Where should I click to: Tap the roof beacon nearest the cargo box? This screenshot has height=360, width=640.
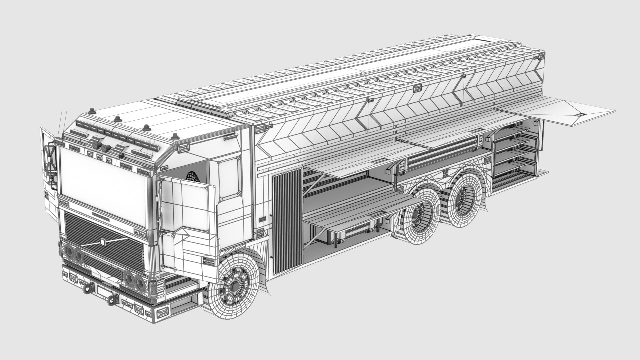tap(175, 136)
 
